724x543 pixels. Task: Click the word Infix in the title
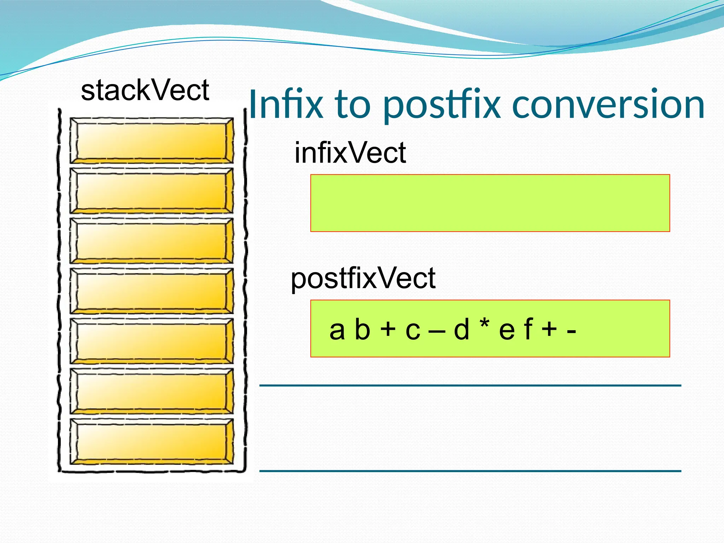286,105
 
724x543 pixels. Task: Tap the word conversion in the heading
608,105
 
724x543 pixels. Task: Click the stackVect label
145,90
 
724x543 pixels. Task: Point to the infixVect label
350,153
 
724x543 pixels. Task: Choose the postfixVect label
363,279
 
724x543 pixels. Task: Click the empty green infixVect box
490,203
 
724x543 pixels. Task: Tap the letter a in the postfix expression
337,330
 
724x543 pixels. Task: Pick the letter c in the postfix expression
413,331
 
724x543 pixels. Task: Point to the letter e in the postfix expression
507,331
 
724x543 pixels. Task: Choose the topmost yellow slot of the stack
151,141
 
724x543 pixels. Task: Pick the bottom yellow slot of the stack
151,441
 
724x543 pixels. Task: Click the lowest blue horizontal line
470,471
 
